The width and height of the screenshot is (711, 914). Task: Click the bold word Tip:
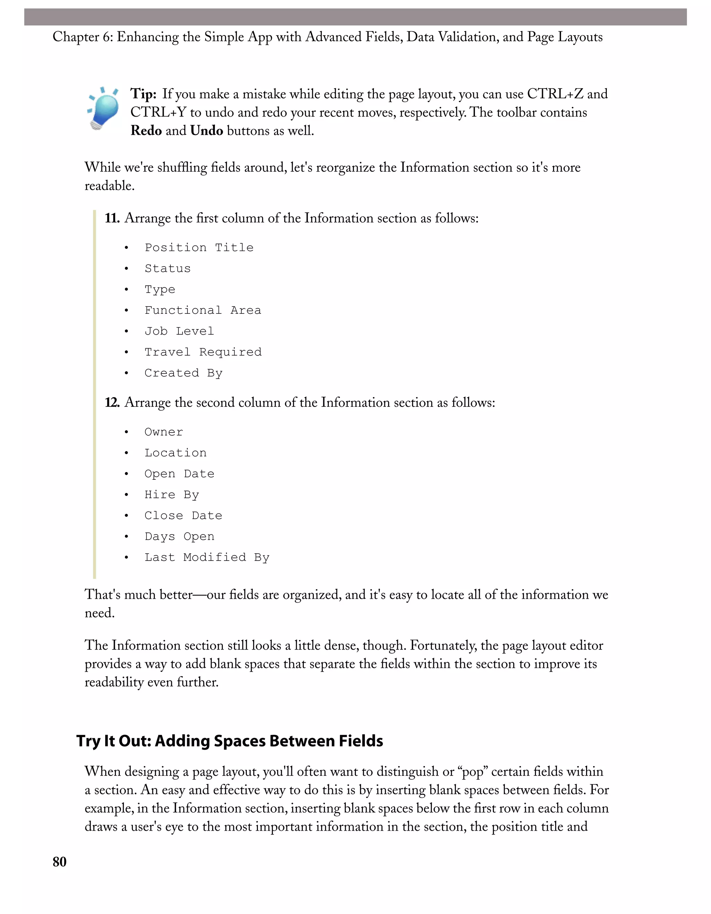[143, 94]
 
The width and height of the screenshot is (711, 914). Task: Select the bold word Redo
[146, 131]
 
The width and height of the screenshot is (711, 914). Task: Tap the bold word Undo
[206, 131]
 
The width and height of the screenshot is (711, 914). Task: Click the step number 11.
[112, 218]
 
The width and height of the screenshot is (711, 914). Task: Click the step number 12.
[112, 403]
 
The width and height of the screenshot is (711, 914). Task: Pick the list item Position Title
[199, 248]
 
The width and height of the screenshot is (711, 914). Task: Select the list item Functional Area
[202, 310]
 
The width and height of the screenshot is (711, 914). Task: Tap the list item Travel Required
[203, 352]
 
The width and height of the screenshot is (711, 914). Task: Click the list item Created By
[183, 373]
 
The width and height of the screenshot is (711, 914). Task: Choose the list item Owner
[164, 432]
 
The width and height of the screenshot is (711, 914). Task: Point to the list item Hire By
[172, 495]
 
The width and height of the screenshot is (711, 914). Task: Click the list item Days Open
[179, 537]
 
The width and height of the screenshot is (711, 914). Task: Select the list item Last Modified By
[207, 557]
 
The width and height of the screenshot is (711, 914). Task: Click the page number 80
[59, 862]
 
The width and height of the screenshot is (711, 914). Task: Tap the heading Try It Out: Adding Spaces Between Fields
[229, 741]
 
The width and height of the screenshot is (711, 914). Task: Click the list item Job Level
[179, 331]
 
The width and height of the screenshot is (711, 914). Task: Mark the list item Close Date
[183, 515]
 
